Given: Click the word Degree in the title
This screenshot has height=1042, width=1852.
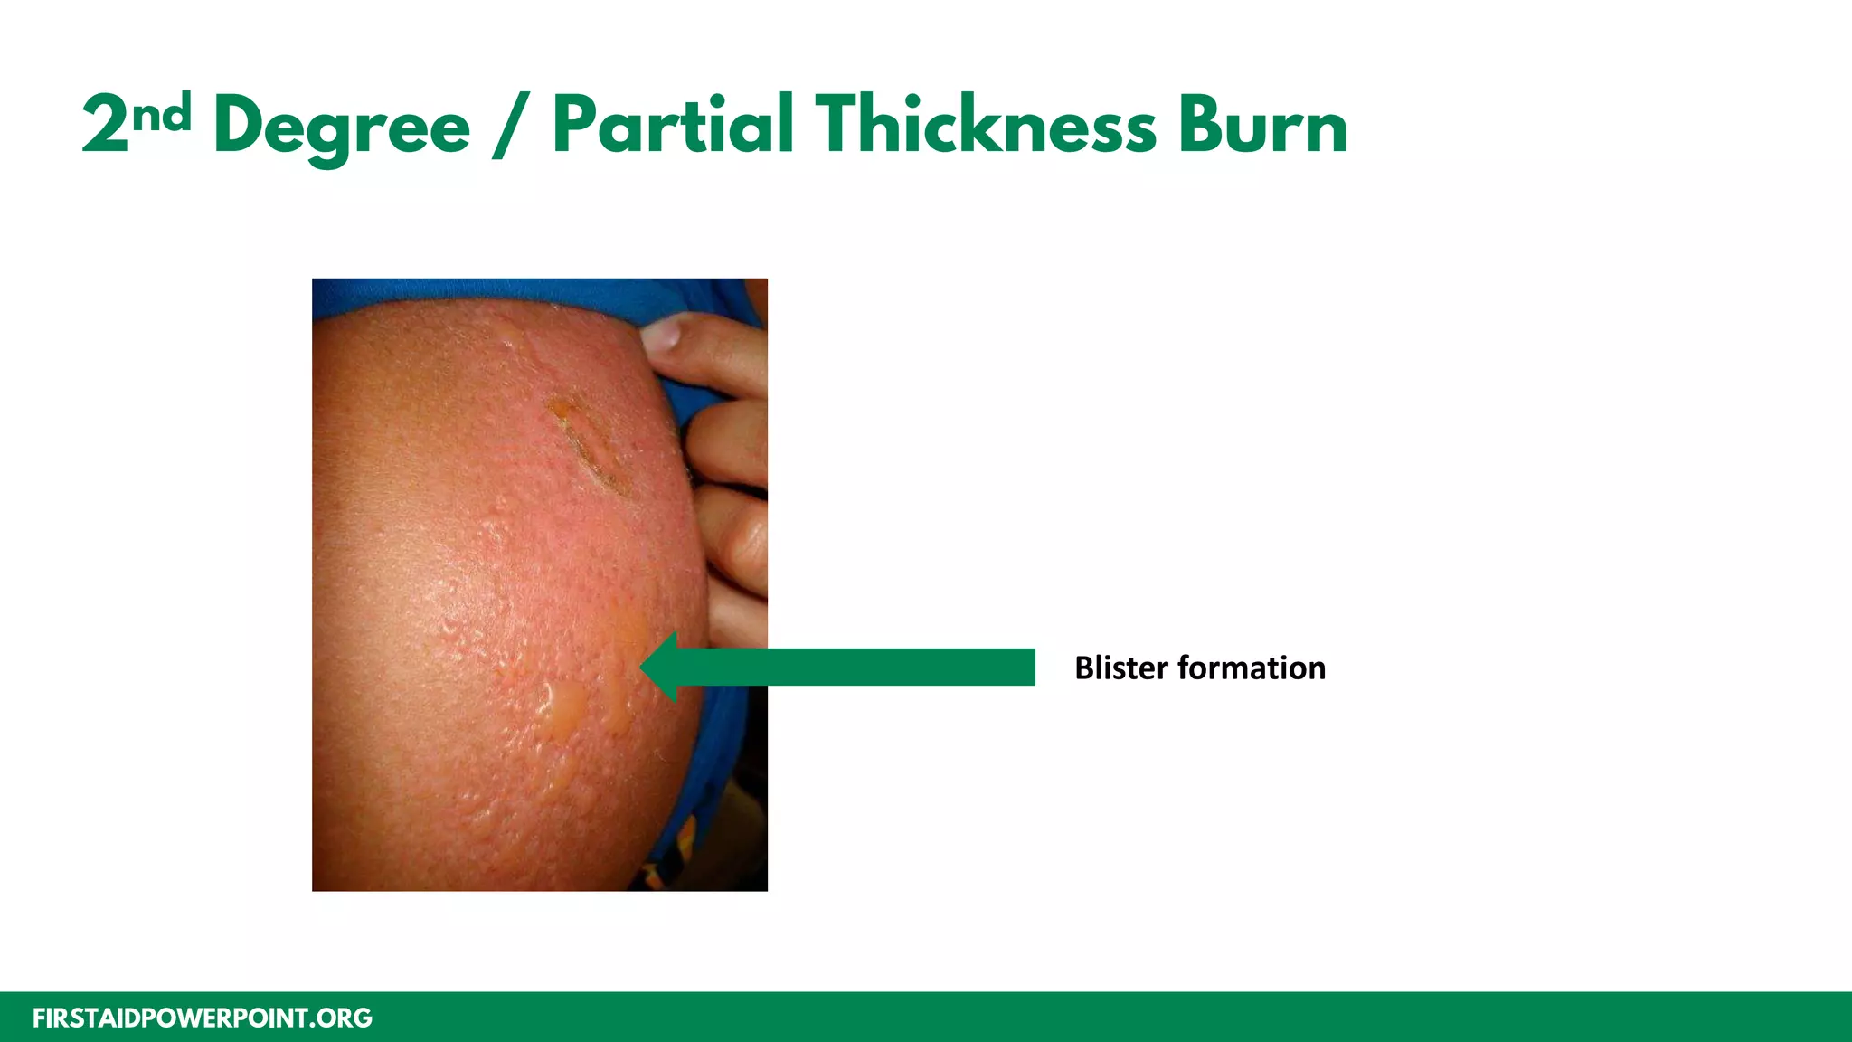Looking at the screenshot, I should coord(342,127).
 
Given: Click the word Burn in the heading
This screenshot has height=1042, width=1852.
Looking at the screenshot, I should coord(1262,127).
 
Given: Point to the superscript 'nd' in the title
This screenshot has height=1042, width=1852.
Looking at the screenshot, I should coord(162,113).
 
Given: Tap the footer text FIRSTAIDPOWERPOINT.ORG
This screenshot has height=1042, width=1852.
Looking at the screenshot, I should coord(203,1018).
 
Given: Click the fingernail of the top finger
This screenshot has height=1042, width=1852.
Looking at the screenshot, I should coord(662,333).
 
